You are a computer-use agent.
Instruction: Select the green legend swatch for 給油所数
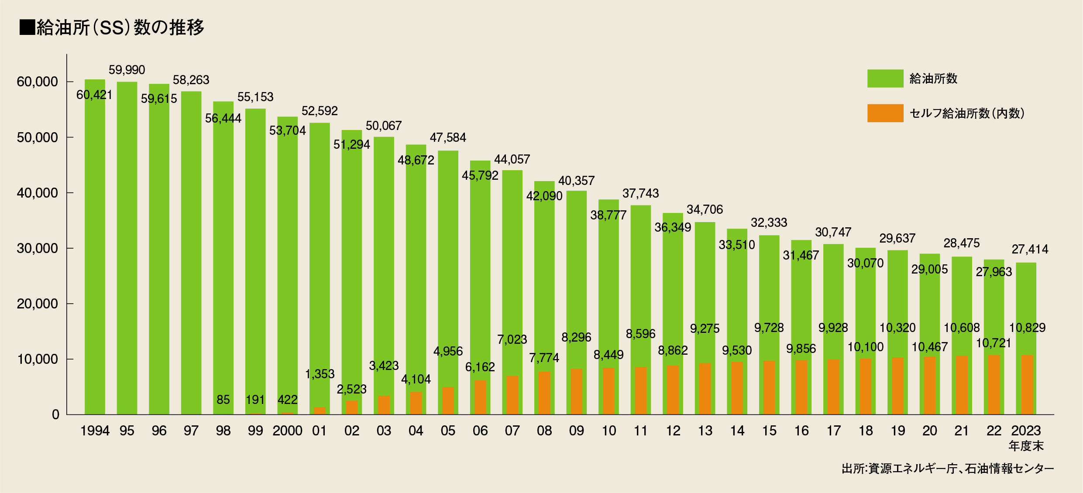[885, 79]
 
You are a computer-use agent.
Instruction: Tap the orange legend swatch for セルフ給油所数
[885, 113]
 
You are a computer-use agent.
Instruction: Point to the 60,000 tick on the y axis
[37, 82]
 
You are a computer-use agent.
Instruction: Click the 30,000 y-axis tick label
[37, 248]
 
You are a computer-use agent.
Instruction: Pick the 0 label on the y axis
[55, 414]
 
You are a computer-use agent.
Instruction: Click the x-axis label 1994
[95, 431]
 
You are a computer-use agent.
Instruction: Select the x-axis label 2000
[287, 431]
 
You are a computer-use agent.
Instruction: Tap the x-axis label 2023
[1026, 431]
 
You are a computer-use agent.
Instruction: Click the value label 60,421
[94, 95]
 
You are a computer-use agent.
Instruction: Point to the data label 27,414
[1030, 249]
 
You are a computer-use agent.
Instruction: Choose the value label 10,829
[1027, 328]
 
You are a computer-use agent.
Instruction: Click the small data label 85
[223, 400]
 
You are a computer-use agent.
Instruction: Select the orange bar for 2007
[512, 395]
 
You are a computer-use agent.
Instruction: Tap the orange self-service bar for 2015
[769, 387]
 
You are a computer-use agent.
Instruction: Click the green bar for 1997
[191, 253]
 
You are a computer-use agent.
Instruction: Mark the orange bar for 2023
[1027, 385]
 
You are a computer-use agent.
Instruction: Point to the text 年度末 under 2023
[1026, 446]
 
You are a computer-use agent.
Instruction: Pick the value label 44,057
[512, 159]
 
